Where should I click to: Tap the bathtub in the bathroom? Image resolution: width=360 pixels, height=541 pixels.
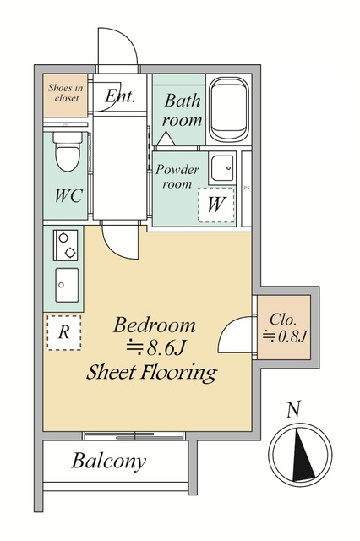tap(229, 109)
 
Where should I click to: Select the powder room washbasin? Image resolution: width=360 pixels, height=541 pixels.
tap(221, 168)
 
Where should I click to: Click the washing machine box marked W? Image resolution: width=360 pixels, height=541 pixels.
tap(216, 205)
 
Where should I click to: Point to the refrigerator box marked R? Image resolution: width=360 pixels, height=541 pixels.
tap(64, 332)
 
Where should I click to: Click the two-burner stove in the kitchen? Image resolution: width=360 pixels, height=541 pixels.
tap(66, 245)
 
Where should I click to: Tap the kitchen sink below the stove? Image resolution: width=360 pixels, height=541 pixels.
tap(67, 285)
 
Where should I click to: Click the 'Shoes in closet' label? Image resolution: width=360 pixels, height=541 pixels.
tap(66, 93)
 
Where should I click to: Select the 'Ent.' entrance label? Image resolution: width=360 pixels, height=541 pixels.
tap(119, 96)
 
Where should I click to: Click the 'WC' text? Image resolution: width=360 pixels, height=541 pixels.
tap(68, 195)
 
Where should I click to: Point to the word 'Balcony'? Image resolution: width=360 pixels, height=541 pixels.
tap(109, 461)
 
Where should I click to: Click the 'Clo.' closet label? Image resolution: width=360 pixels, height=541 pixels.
tap(283, 320)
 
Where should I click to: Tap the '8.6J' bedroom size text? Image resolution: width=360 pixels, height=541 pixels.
tap(166, 348)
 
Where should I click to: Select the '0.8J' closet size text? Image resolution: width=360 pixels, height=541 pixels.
tap(292, 336)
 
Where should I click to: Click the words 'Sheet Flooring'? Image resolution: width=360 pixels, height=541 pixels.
tap(152, 373)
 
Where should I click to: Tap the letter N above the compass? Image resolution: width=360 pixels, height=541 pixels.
tap(294, 409)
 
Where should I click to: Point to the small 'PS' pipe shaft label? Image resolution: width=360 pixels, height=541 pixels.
tap(247, 189)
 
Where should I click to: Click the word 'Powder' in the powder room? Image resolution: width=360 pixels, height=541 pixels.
tap(177, 169)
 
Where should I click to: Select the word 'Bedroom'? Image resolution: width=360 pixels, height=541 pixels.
tap(154, 325)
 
